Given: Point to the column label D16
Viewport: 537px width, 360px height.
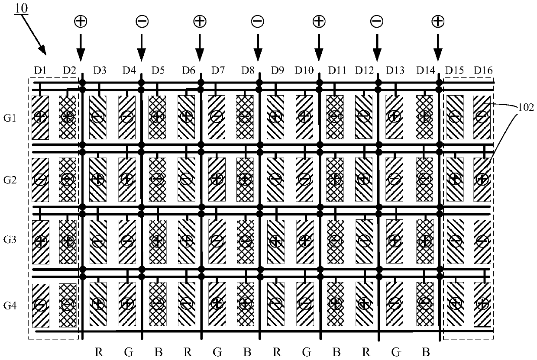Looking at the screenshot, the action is [x=483, y=70].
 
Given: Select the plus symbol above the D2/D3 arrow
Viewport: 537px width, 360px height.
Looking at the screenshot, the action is [x=80, y=21].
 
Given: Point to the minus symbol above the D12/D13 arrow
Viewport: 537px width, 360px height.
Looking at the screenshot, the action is [x=377, y=21].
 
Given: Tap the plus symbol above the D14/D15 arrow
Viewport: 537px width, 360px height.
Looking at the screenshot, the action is [x=438, y=21].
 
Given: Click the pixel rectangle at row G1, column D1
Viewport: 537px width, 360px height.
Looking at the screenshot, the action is [x=40, y=117].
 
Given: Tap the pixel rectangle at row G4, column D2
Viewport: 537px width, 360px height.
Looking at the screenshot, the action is [x=67, y=305].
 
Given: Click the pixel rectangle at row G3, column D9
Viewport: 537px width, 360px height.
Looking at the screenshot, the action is [x=275, y=241].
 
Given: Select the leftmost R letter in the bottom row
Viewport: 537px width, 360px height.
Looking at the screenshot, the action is [x=99, y=351].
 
